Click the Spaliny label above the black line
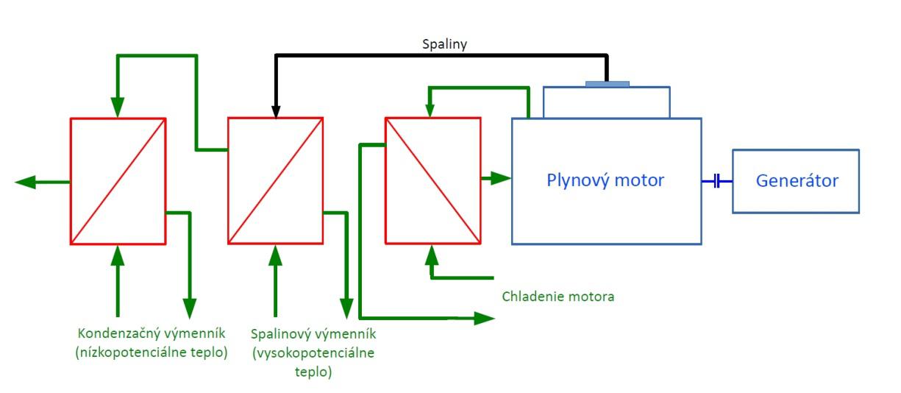[444, 44]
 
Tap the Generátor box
[796, 181]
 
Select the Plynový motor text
[605, 180]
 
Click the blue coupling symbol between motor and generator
[716, 181]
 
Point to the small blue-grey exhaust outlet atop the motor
[608, 84]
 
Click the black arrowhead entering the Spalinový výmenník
[275, 111]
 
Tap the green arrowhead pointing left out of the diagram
[26, 181]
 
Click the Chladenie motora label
[558, 297]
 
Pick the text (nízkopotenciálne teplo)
[151, 352]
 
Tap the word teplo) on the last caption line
[313, 372]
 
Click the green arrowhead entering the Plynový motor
[502, 177]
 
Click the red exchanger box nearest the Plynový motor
[432, 180]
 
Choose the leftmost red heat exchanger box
[118, 180]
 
